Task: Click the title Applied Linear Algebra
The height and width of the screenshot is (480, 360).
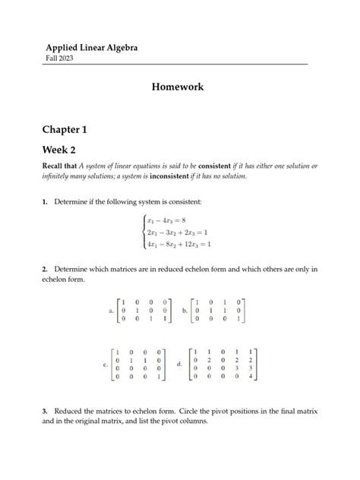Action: coord(92,49)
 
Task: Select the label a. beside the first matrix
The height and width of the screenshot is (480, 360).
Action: coord(112,311)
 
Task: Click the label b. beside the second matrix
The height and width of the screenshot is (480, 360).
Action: coord(185,311)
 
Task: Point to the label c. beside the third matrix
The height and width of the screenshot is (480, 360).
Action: coord(106,365)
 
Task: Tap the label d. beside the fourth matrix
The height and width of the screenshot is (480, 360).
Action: coord(179,365)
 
